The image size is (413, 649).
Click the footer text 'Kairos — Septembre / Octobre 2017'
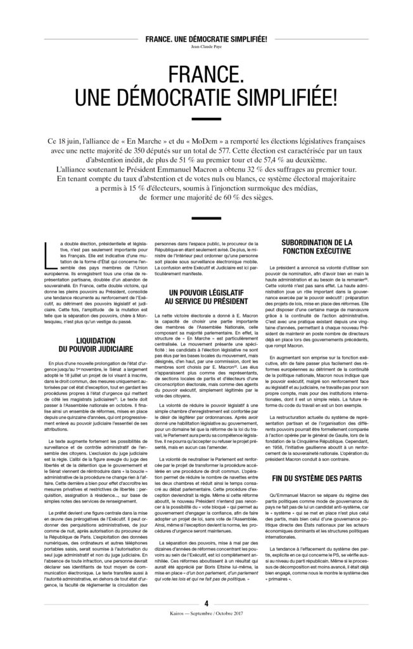coord(206,633)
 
